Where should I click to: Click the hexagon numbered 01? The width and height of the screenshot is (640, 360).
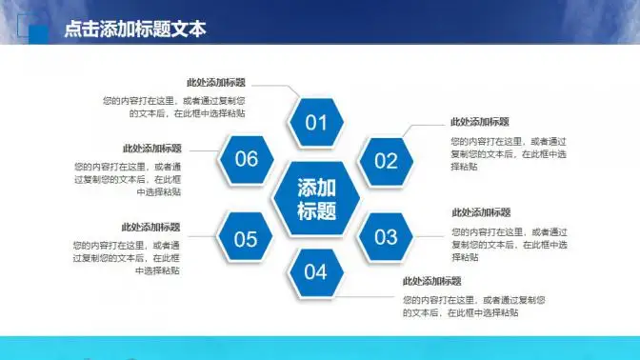[315, 122]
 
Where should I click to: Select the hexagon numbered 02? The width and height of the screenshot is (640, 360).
[385, 161]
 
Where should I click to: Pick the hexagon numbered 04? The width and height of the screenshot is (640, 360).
[315, 272]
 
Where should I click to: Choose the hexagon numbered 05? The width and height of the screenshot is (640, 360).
[246, 238]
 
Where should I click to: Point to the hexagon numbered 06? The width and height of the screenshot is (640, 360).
[246, 159]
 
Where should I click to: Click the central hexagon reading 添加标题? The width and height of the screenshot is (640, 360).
[316, 199]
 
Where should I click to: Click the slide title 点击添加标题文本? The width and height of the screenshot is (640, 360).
[134, 30]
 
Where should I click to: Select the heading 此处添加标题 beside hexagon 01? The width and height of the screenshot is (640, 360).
[215, 83]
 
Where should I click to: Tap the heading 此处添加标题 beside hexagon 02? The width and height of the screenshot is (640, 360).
[479, 122]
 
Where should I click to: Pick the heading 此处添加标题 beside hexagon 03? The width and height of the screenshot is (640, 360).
[480, 212]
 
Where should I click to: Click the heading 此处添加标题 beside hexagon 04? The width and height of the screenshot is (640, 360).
[431, 281]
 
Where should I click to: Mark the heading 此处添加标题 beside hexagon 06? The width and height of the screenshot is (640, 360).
[151, 149]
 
